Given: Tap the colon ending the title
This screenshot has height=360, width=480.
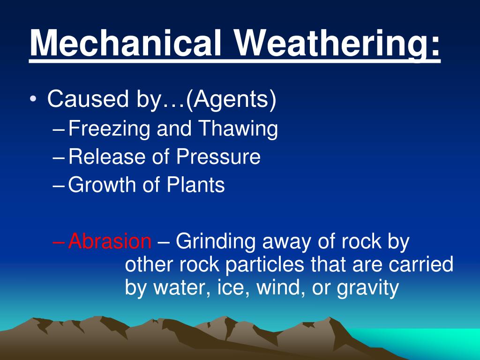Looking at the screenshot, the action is coord(435,46).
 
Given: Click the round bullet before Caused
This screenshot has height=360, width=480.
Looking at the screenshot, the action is coord(33,99).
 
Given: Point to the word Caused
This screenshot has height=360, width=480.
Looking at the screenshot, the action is coord(88,98).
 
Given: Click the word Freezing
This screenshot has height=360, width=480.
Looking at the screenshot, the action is coord(109,128).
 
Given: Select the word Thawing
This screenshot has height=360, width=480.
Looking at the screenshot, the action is coord(238,128).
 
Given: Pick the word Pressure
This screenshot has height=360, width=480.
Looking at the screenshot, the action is coord(218,157).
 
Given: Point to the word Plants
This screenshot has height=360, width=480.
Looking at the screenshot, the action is coord(195,185).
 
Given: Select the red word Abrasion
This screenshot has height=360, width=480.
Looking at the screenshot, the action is coord(110,241).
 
